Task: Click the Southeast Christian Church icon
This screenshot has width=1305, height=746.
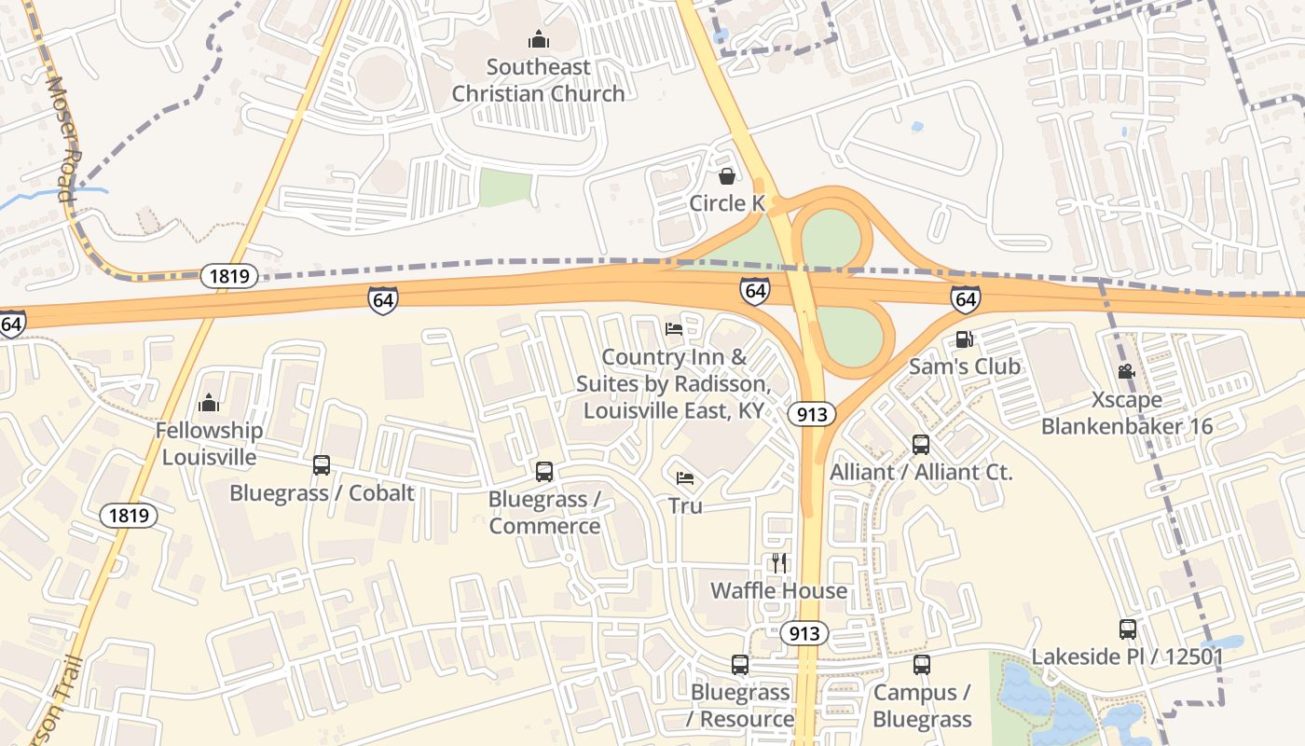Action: [x=539, y=39]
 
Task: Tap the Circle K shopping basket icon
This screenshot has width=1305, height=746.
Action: [x=727, y=175]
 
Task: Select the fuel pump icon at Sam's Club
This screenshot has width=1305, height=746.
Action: [x=964, y=339]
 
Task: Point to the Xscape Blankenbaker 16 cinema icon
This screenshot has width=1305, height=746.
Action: [x=1126, y=371]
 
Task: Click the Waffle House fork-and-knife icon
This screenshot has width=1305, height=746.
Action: [x=779, y=562]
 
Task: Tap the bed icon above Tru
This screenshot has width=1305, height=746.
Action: [x=685, y=478]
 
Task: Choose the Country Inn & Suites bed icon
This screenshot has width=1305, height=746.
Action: [x=674, y=328]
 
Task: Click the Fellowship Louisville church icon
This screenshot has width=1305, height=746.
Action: [x=209, y=403]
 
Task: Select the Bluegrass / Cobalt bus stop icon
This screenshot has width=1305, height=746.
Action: [x=322, y=464]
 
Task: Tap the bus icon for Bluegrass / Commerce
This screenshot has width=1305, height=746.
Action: [x=544, y=471]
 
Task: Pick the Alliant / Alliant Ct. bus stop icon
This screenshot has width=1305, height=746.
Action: [x=921, y=444]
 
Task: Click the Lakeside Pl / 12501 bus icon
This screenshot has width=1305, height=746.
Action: [x=1128, y=629]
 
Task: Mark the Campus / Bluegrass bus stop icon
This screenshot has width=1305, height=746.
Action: [x=922, y=664]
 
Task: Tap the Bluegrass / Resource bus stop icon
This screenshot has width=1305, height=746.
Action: [x=740, y=664]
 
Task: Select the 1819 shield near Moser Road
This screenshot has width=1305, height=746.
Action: [x=228, y=275]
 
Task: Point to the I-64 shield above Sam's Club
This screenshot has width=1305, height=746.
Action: [x=966, y=299]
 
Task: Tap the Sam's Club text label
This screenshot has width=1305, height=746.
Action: [x=965, y=366]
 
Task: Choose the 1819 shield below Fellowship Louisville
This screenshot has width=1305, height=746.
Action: [x=129, y=515]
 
